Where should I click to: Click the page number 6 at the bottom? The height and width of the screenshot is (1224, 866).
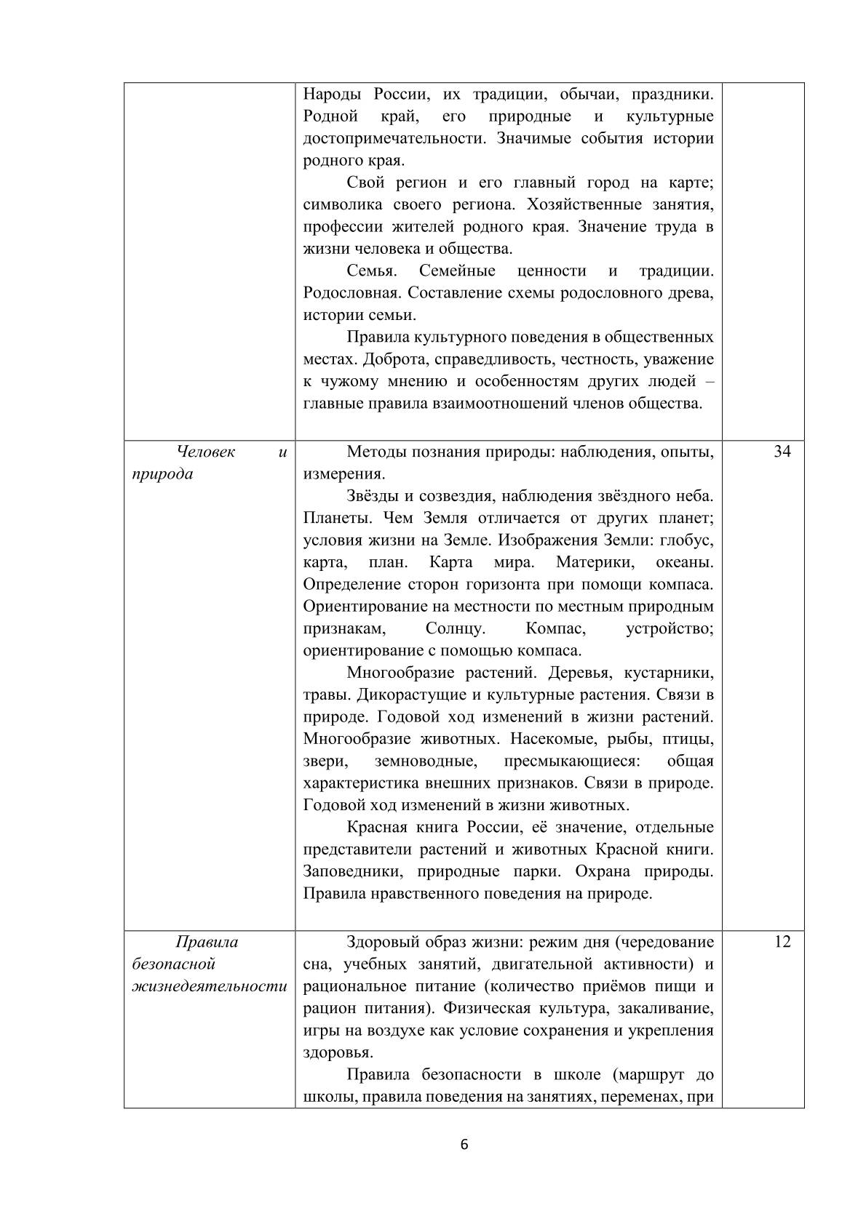tap(464, 1145)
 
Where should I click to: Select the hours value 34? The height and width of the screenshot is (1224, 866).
tap(782, 452)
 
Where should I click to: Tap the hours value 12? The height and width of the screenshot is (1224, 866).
tap(782, 942)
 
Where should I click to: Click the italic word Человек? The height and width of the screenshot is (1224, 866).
tap(206, 452)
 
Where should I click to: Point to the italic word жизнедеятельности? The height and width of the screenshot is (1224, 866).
tap(210, 986)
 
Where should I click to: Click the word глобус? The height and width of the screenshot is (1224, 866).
tap(689, 540)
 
